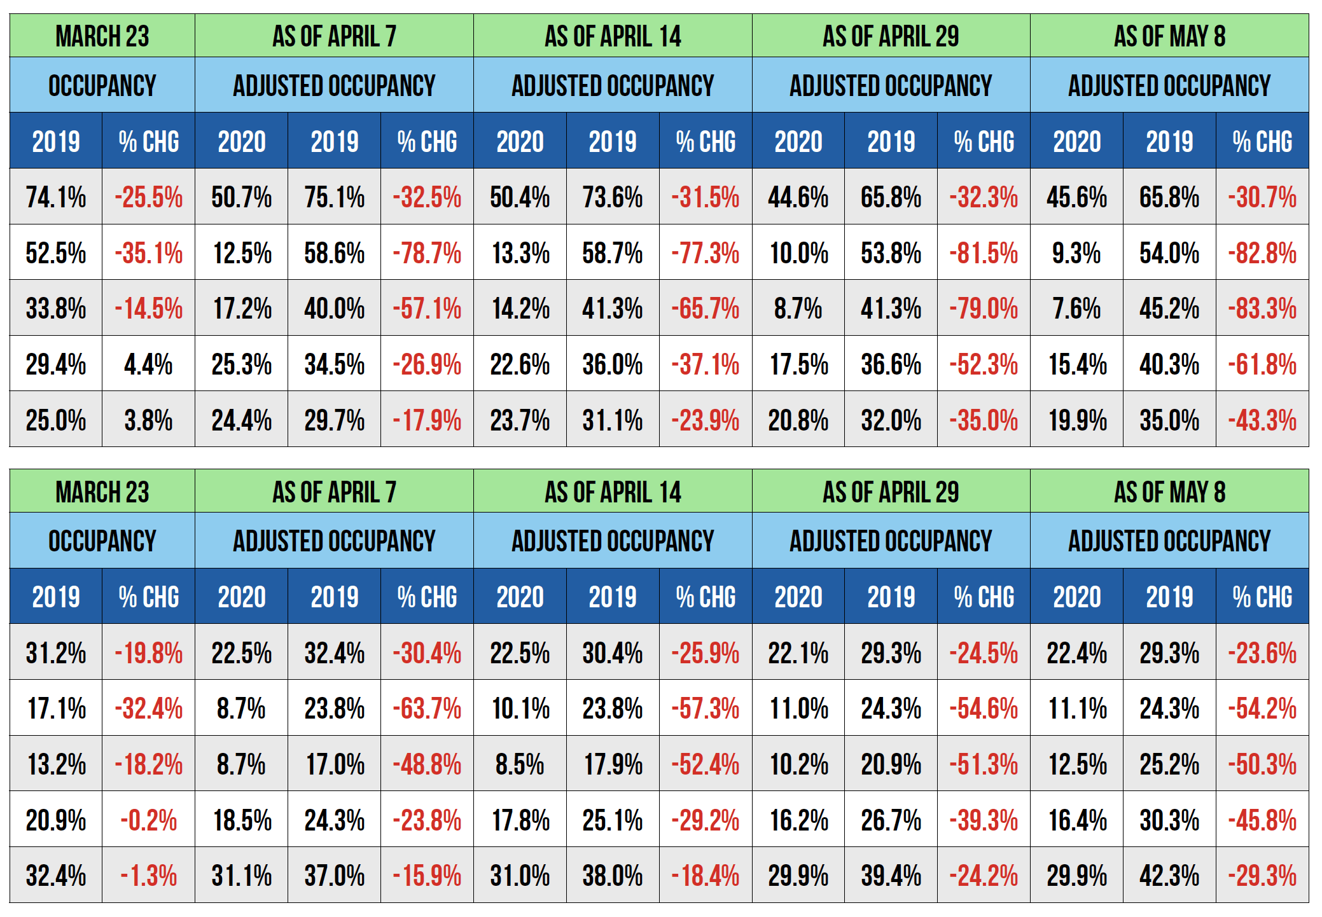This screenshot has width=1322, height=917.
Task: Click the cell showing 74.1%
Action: (x=56, y=197)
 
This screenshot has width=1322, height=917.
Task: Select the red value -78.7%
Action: (x=427, y=253)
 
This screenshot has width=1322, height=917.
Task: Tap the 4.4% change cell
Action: (x=148, y=365)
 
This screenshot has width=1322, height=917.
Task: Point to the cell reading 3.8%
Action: (x=148, y=420)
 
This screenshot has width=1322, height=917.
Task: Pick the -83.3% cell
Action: (x=1262, y=309)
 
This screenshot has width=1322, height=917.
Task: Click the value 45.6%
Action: (x=1076, y=197)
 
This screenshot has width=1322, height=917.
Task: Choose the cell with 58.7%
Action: (x=613, y=253)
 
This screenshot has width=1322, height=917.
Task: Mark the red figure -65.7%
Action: (x=706, y=309)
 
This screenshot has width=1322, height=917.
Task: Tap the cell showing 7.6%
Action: (x=1076, y=309)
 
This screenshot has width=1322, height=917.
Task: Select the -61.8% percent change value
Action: (x=1262, y=365)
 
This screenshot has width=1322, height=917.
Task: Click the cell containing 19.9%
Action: (x=1076, y=420)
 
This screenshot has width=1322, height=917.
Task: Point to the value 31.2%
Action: (x=56, y=653)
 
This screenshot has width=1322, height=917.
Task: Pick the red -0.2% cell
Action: (x=148, y=820)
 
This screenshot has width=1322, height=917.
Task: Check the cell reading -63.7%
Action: (x=427, y=708)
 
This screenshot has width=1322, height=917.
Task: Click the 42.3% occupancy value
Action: (x=1169, y=876)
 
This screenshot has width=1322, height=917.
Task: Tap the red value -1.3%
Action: (x=148, y=876)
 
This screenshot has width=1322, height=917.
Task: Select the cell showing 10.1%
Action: (x=520, y=708)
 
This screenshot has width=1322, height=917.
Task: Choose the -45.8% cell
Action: (x=1262, y=820)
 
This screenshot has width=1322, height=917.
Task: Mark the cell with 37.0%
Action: (x=334, y=876)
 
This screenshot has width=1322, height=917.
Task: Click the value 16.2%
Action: (x=798, y=820)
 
